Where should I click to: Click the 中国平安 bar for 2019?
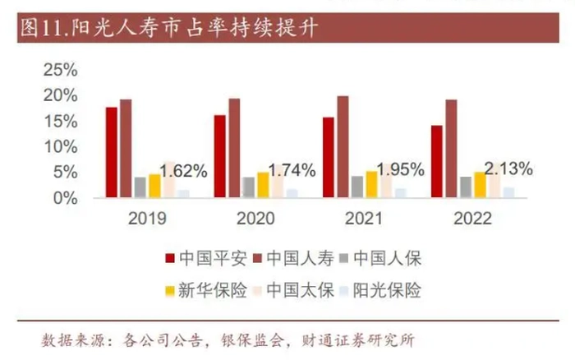tap(111, 153)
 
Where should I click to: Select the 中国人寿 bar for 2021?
tap(343, 147)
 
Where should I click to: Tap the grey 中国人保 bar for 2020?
tap(249, 187)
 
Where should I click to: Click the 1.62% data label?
tap(183, 172)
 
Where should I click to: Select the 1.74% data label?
tap(292, 171)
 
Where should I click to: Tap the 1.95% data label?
tap(400, 170)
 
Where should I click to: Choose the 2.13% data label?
tap(508, 168)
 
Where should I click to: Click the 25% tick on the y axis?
tap(60, 70)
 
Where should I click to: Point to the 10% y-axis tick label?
tap(60, 147)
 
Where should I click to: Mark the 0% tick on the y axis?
tap(65, 198)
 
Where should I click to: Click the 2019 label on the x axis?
tap(147, 219)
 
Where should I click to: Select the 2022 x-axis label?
tap(472, 219)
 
